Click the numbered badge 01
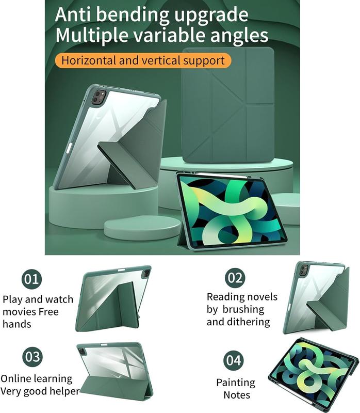coord(31,279)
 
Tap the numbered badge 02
coord(235,278)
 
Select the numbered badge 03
coord(32,357)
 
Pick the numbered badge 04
coord(234,360)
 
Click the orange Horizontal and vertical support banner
coord(143,60)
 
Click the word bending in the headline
coord(133,15)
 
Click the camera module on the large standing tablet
coord(99,97)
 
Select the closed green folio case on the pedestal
coord(228,105)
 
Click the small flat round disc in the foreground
coord(142,228)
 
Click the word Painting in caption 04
coord(236,383)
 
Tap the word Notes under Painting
coord(237,395)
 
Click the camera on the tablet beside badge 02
coord(304,270)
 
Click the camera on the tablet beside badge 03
coord(82,351)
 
